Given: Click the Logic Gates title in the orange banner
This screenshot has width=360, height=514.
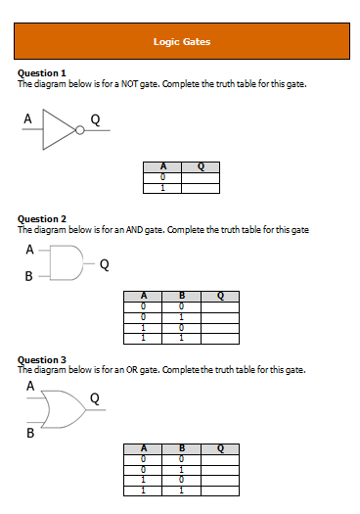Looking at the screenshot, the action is tap(182, 42).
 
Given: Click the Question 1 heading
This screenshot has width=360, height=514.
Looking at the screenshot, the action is tap(42, 73).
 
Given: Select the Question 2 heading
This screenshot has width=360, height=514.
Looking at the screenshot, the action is tap(42, 219).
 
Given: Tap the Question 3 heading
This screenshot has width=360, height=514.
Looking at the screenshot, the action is tap(42, 360).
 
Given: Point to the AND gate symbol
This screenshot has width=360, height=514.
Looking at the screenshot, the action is tap(66, 263).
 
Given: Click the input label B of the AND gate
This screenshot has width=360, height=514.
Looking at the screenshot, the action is tap(28, 277).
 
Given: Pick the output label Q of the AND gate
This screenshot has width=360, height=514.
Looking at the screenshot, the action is tap(104, 263).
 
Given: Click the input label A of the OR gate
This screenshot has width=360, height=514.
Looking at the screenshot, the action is tap(29, 387).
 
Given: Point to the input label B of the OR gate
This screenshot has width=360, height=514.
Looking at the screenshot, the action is tap(29, 432).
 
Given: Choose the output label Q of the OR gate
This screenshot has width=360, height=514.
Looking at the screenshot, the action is tap(94, 397).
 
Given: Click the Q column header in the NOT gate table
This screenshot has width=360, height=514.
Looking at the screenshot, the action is tap(201, 166).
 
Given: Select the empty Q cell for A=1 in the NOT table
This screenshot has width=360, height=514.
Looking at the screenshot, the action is tap(201, 187).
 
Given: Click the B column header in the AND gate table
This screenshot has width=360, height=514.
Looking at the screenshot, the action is tap(181, 295).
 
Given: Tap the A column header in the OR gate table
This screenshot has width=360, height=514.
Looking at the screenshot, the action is tap(144, 448).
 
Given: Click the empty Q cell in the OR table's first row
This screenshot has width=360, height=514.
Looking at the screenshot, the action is tap(220, 457).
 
